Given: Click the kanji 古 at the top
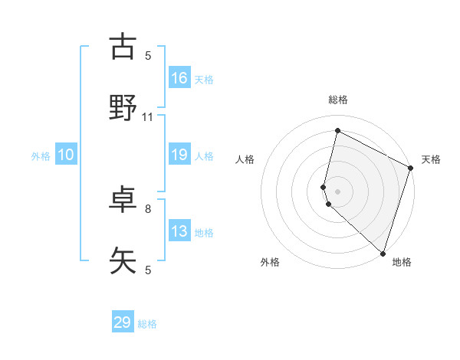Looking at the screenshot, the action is click(123, 47).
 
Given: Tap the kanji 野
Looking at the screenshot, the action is click(123, 108).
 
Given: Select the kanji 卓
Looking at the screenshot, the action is click(123, 200).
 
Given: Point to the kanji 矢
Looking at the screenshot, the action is click(123, 261).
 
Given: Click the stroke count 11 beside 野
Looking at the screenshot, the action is click(148, 117).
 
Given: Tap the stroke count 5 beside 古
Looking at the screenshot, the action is click(148, 55).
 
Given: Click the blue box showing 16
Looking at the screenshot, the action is click(179, 77).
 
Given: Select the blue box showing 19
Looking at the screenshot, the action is click(179, 155).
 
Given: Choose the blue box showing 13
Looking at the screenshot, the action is click(179, 231).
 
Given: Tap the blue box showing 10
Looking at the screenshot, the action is click(66, 155).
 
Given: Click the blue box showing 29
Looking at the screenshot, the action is click(123, 322).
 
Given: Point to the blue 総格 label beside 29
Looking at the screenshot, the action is click(147, 324).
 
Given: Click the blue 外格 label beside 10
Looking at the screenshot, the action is click(41, 155).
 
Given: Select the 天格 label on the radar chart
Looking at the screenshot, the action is click(431, 159).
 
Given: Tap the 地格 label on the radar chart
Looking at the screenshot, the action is click(402, 262).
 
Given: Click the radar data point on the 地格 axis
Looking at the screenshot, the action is click(383, 253).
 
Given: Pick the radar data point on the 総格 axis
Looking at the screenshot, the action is click(337, 131).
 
